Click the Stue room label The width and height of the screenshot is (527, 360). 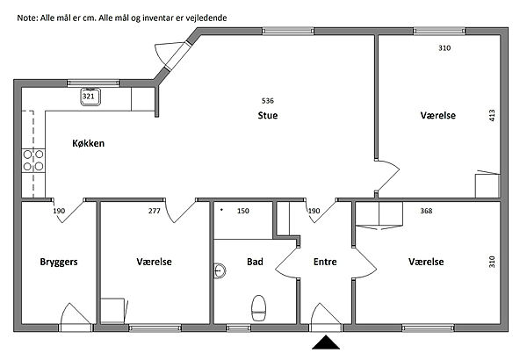268,115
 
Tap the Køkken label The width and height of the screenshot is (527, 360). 89,143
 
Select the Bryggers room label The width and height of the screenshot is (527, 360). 59,262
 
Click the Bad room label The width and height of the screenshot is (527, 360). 255,262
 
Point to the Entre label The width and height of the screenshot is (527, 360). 325,262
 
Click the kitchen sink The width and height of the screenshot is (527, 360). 90,97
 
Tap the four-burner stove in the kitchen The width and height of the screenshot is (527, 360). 33,161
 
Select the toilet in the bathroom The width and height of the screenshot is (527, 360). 259,308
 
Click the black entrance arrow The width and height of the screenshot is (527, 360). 326,342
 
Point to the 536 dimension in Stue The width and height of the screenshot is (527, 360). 268,100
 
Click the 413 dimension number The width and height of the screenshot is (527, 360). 492,116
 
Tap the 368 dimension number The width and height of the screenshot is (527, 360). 426,211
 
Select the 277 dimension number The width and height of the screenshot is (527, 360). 155,211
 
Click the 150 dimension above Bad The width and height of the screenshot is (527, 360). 243,211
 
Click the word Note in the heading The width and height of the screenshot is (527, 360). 27,18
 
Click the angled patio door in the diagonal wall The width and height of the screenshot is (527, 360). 172,55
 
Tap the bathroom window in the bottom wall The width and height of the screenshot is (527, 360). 238,328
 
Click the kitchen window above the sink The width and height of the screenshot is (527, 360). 93,83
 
